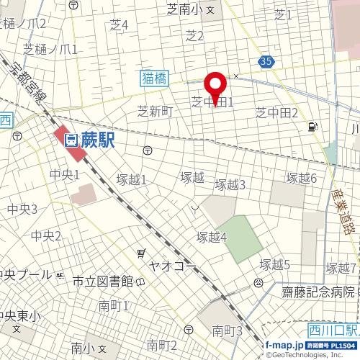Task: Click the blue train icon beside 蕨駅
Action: (x=71, y=140)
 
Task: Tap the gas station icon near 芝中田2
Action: (x=312, y=127)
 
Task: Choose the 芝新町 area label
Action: (x=156, y=111)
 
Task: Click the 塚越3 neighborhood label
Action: (x=231, y=184)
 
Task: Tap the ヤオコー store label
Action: (x=172, y=265)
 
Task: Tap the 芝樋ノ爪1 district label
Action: (x=50, y=49)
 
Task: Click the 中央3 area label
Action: (x=22, y=209)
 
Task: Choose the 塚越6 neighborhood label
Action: (x=302, y=178)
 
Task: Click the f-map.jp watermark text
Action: (x=284, y=346)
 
